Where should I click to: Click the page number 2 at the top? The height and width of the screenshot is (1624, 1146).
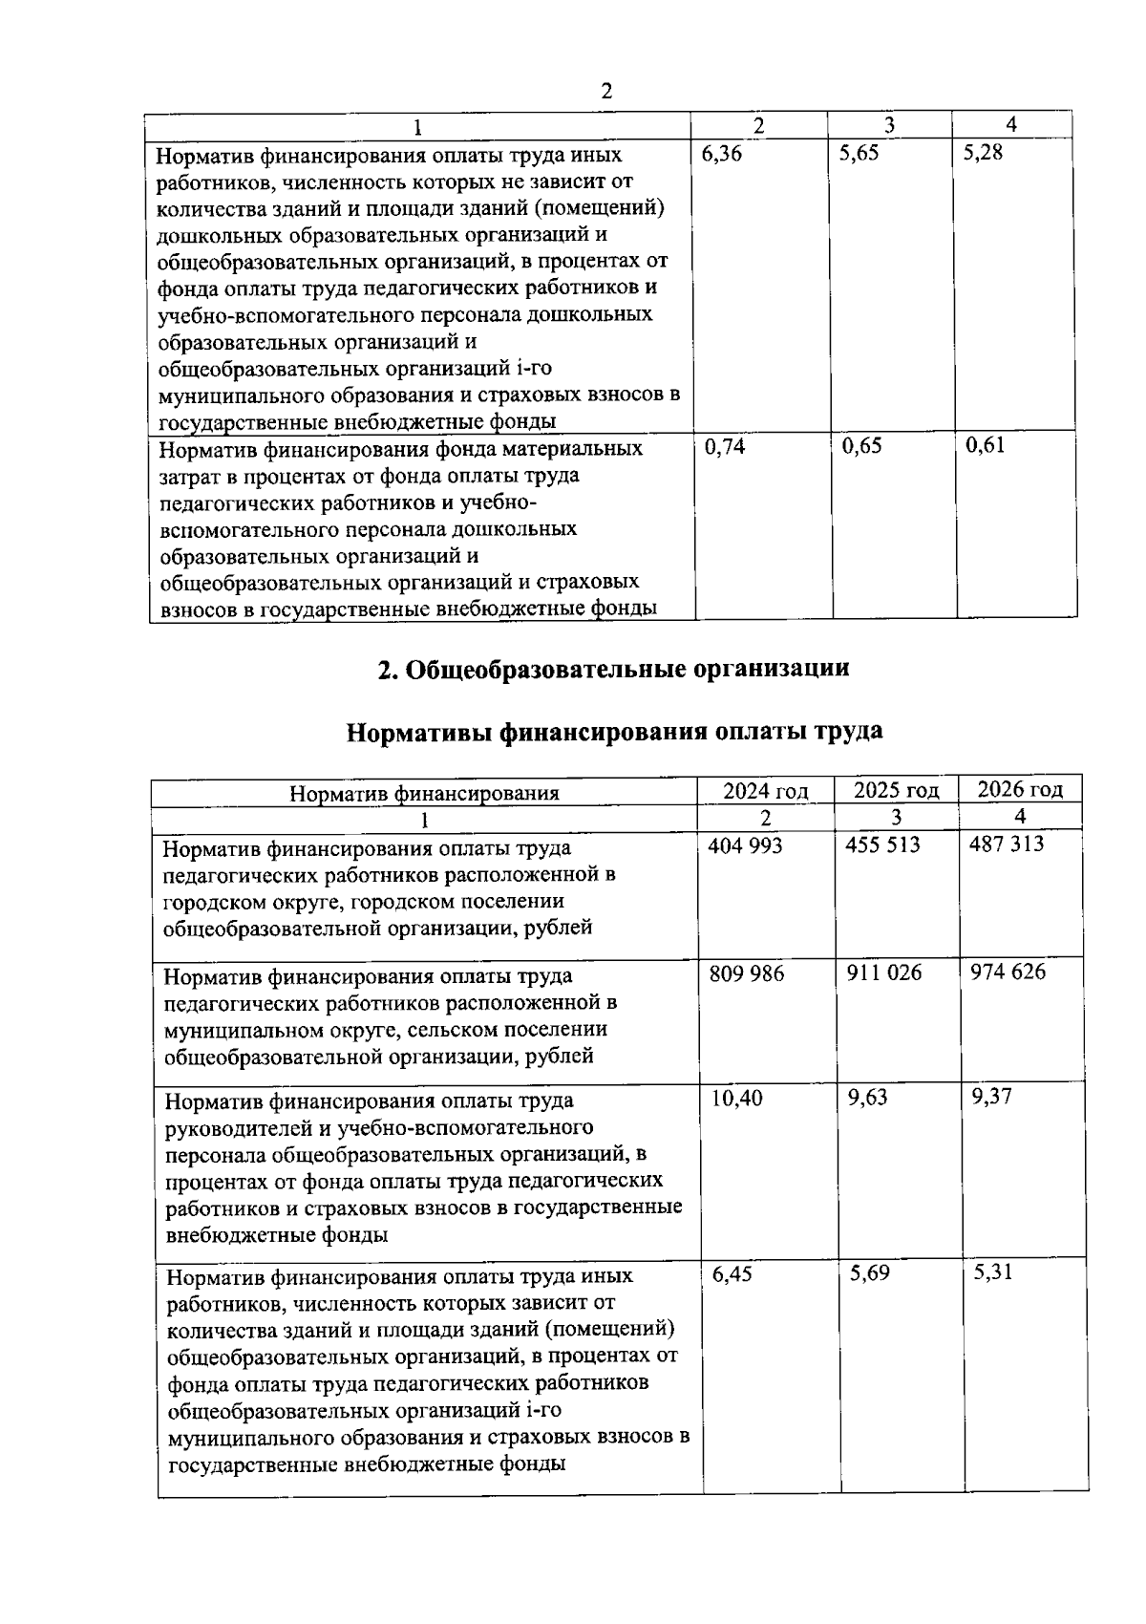[605, 92]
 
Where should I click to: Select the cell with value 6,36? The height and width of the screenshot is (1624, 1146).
[721, 153]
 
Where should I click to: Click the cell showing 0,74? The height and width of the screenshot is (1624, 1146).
[724, 446]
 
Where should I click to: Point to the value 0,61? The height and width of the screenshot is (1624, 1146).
[985, 445]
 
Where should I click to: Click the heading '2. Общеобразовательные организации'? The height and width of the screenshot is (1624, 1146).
[613, 670]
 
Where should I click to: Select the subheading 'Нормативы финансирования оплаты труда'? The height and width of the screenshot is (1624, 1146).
[613, 732]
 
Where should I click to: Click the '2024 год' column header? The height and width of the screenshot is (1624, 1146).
[765, 791]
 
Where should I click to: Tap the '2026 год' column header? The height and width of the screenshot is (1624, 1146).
[1020, 789]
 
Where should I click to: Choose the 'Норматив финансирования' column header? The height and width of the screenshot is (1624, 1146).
[424, 793]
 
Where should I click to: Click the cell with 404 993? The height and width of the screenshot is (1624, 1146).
[745, 844]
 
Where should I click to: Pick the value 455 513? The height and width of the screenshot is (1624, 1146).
[882, 844]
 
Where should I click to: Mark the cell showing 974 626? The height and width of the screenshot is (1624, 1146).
[1008, 972]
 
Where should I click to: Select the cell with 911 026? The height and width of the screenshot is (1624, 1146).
[884, 972]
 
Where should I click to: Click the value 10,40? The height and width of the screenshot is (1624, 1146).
[736, 1099]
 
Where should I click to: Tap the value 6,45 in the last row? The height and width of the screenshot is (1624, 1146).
[732, 1273]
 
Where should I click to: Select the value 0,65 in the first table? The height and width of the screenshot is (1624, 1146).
[861, 446]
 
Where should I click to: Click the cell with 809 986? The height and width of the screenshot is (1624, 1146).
[746, 972]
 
